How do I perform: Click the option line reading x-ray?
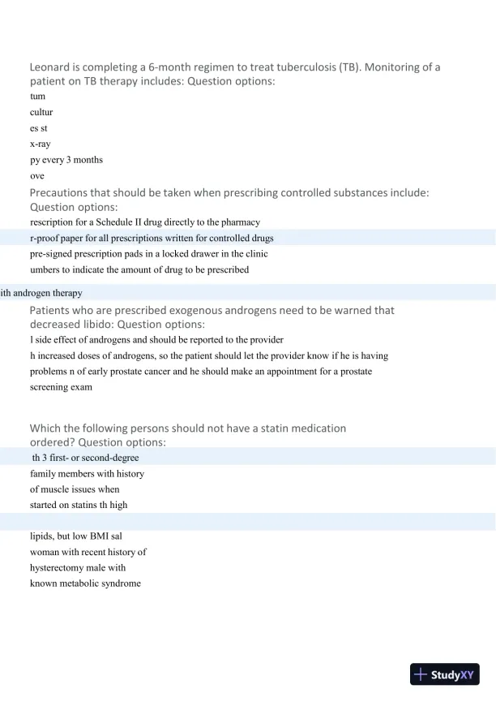tap(41, 144)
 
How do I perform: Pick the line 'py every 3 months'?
tap(66, 159)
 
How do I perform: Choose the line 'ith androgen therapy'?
tap(41, 293)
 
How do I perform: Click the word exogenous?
tap(177, 310)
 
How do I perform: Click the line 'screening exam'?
tap(61, 386)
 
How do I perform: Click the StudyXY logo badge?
tap(445, 674)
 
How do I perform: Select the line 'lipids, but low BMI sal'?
tap(76, 536)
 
